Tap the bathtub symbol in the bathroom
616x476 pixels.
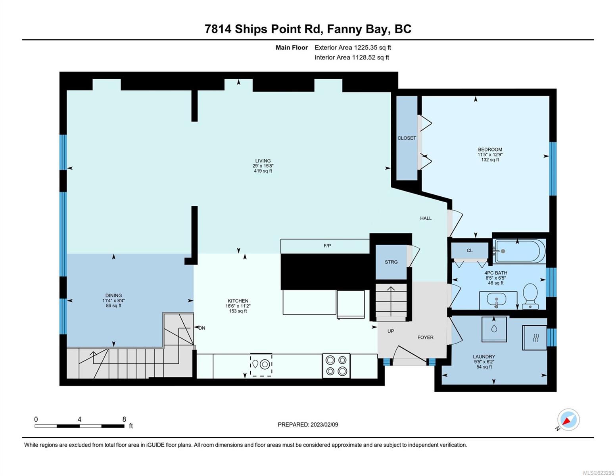click(519, 251)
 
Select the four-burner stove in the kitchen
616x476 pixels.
click(336, 365)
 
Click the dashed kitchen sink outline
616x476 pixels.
click(261, 364)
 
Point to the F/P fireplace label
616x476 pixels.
click(327, 246)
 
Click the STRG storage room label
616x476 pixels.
click(391, 262)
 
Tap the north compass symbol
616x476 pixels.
click(568, 420)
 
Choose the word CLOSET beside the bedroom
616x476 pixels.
click(407, 138)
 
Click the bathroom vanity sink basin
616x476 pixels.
click(496, 299)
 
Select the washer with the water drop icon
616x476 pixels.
click(494, 329)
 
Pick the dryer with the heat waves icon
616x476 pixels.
click(535, 338)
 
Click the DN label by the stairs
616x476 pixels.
click(201, 328)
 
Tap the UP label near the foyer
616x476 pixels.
click(391, 331)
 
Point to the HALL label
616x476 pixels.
click(426, 218)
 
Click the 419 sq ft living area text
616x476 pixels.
click(263, 171)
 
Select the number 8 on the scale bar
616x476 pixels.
click(124, 419)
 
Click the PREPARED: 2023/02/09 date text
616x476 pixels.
click(308, 425)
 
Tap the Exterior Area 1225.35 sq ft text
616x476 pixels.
click(353, 48)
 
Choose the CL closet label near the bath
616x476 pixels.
click(470, 250)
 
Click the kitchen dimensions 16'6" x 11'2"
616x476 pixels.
click(238, 306)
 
